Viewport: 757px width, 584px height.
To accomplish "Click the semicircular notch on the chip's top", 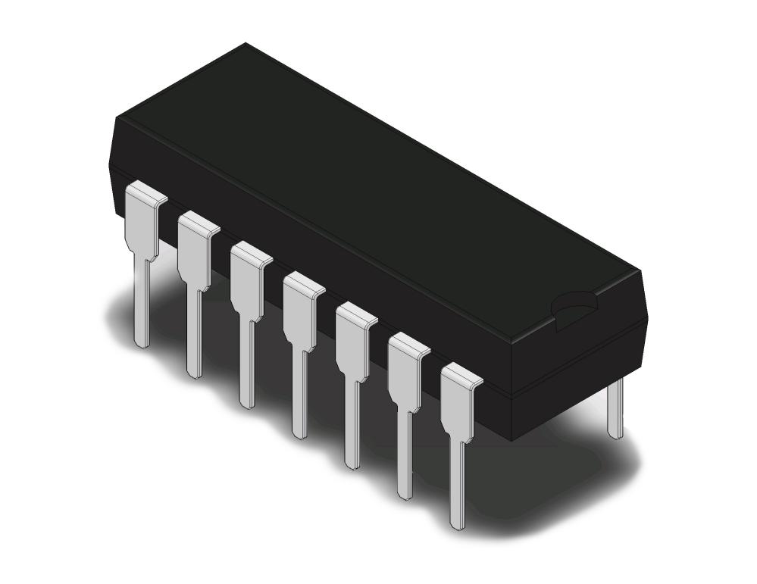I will click(574, 305).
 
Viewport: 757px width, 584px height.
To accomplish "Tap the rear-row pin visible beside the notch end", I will click(616, 409).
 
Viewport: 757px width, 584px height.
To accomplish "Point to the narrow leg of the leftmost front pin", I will click(141, 303).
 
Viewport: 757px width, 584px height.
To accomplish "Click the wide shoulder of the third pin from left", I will click(246, 280).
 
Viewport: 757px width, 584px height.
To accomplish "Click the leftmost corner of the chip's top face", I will click(115, 119).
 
